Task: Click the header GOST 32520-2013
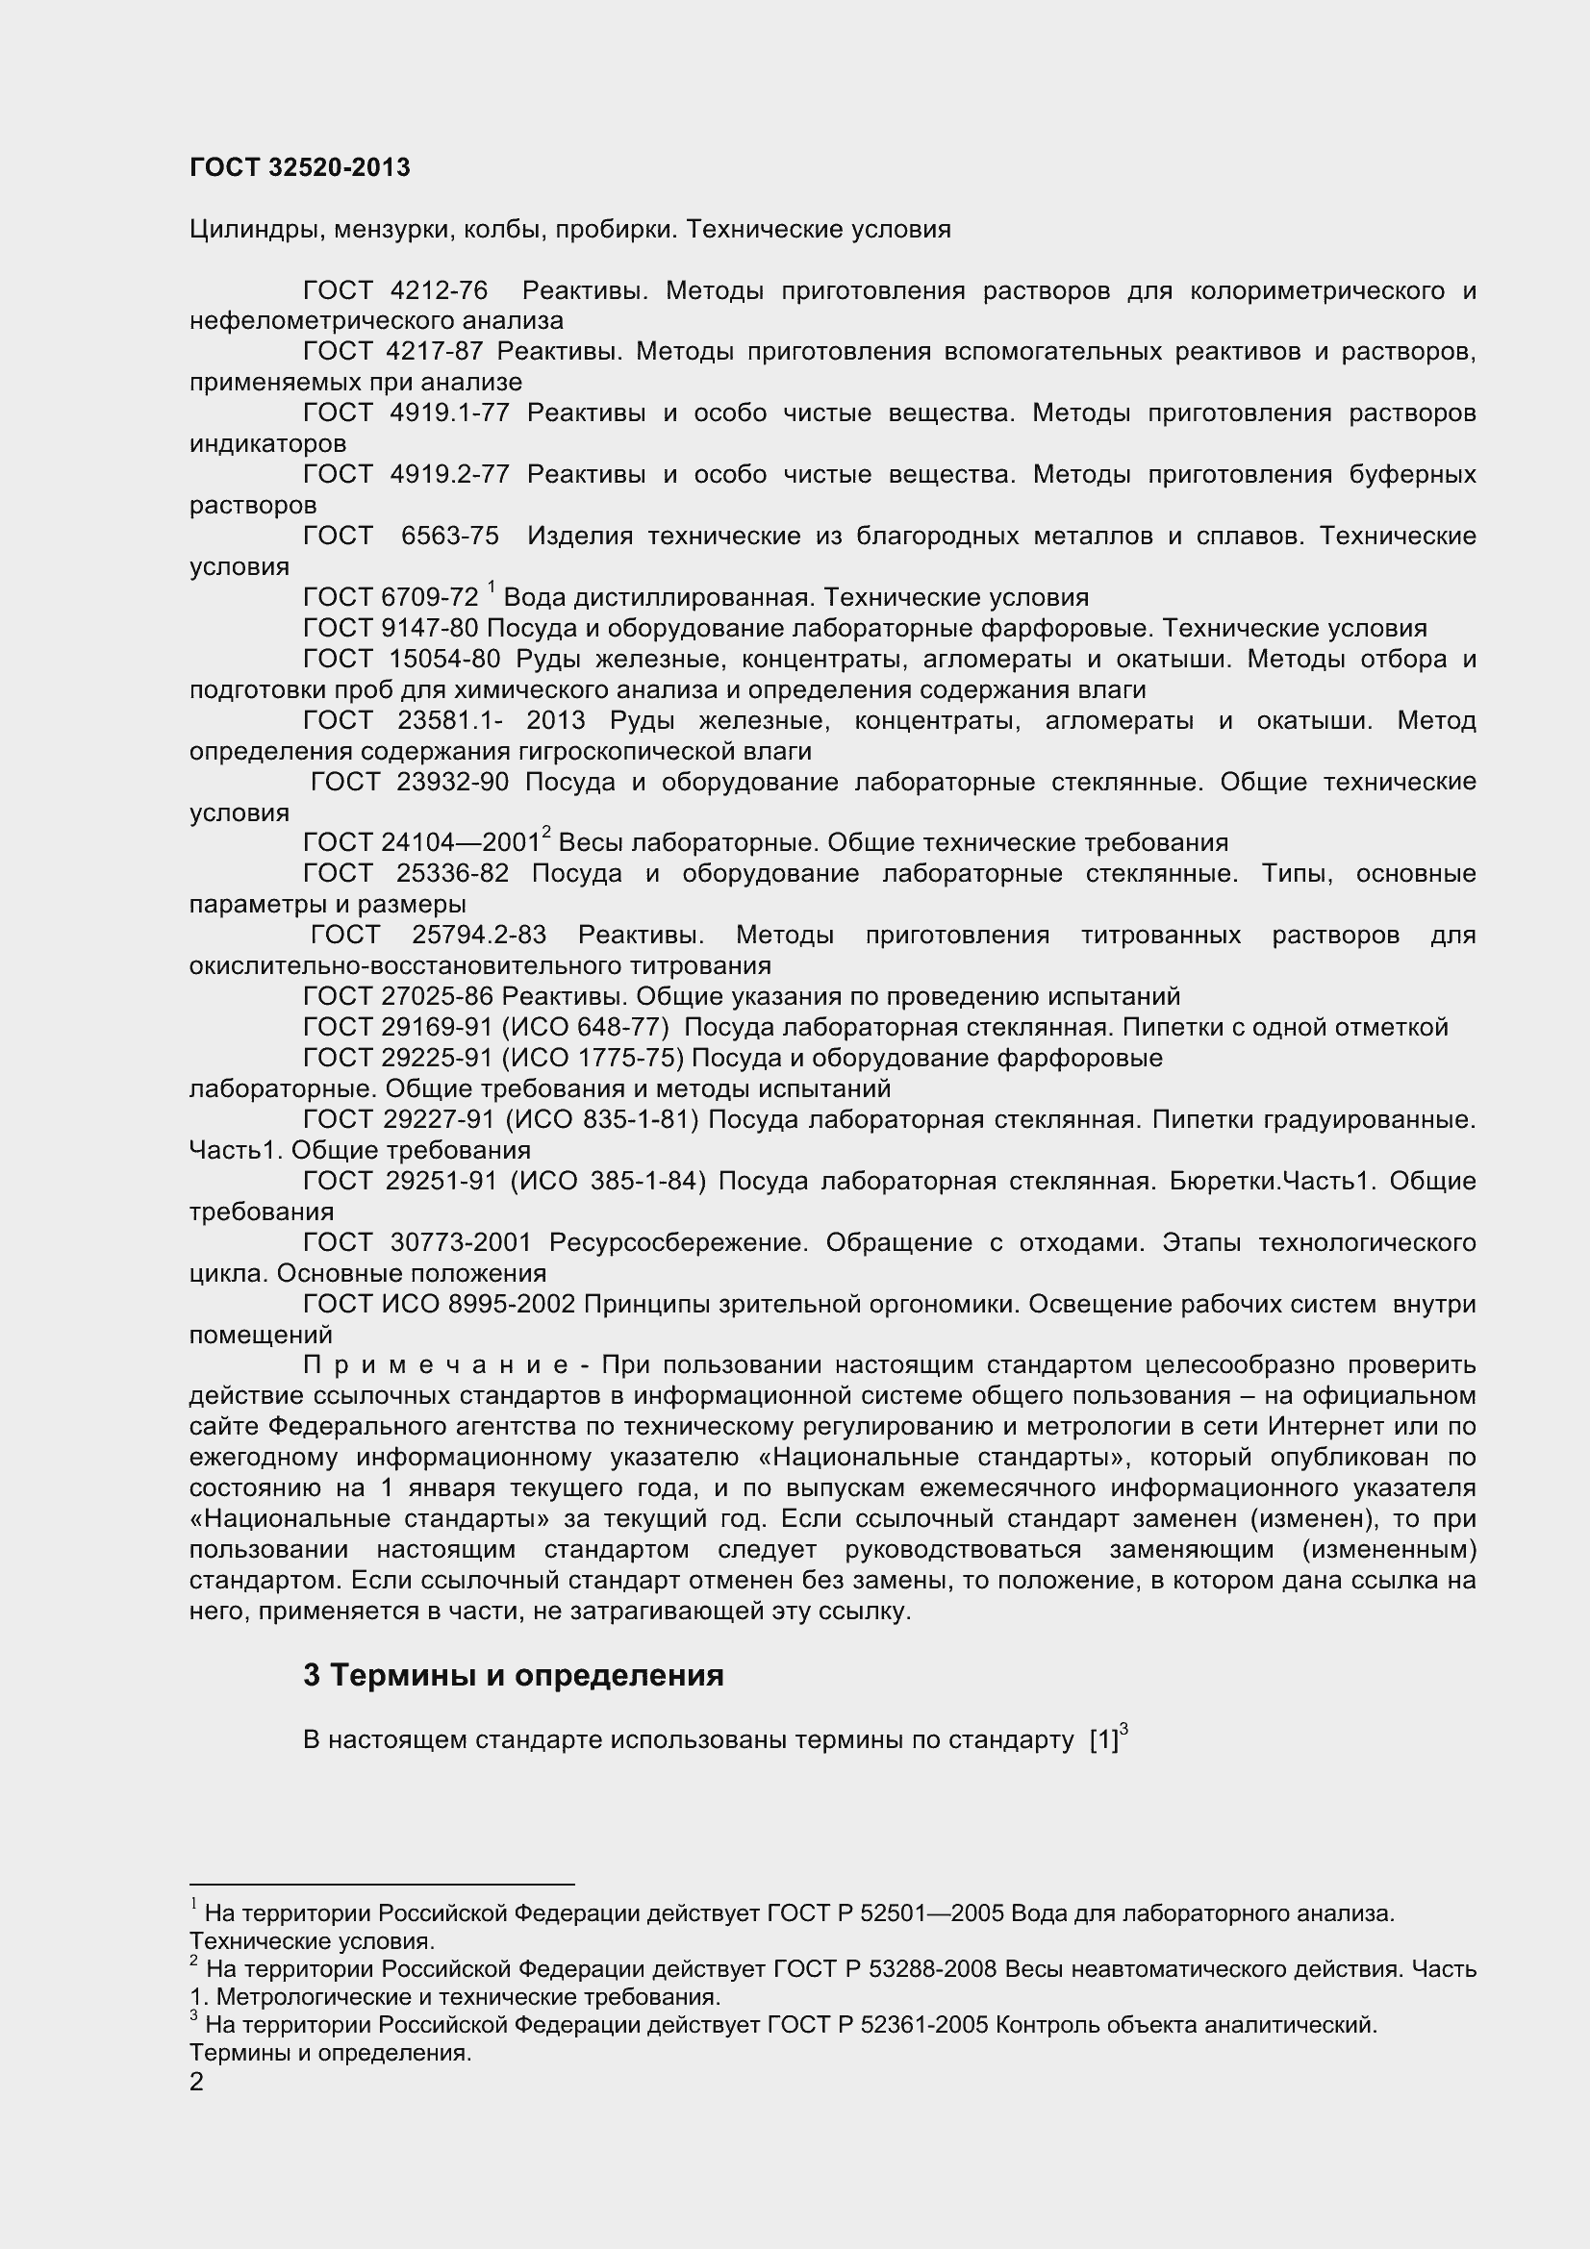300,167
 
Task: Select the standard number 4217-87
436,352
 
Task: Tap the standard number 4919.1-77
448,413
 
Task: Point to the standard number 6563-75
449,536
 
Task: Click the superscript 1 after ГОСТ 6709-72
491,587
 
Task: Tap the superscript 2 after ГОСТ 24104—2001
546,833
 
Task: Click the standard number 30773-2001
461,1243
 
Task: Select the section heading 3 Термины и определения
514,1676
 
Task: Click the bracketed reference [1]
1103,1740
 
